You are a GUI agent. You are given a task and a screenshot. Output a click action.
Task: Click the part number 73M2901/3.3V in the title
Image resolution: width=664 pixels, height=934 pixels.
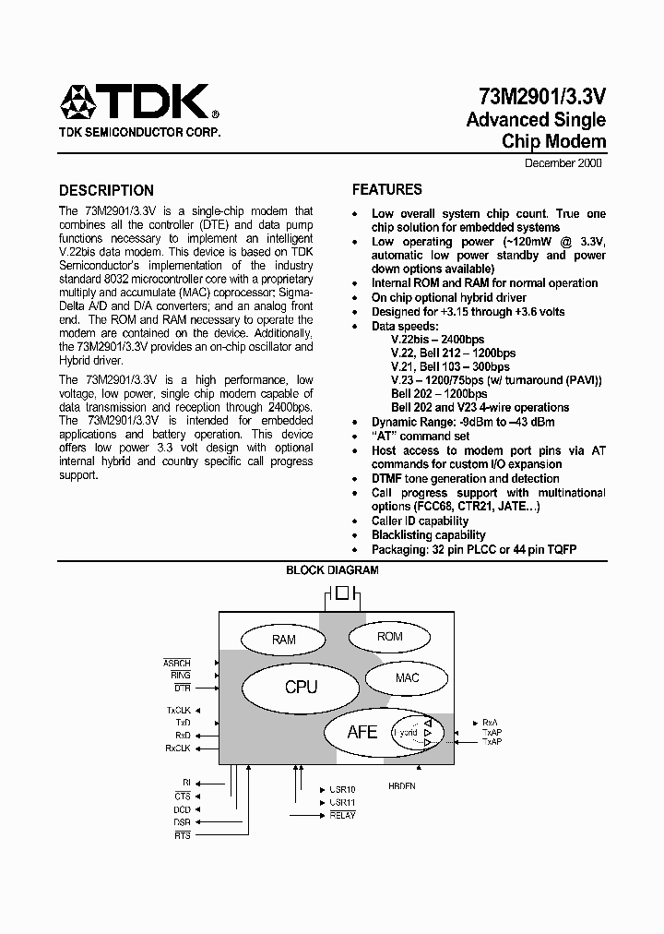coord(541,97)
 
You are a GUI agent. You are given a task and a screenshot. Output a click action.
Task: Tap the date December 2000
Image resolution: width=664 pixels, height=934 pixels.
coord(563,163)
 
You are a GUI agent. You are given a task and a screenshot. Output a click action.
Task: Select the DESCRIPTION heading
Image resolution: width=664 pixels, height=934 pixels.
coord(106,191)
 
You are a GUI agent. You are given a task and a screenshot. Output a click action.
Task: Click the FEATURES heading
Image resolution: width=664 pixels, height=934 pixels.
coord(387,190)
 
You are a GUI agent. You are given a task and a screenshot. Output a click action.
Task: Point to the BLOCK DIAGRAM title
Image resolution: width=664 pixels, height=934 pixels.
coord(332,570)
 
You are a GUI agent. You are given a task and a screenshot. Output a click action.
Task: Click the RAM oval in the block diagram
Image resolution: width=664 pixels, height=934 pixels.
coord(284,640)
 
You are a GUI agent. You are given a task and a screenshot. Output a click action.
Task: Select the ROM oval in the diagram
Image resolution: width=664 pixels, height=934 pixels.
coord(390,637)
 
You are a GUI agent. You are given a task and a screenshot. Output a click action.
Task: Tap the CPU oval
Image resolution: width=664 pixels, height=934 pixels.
coord(301,687)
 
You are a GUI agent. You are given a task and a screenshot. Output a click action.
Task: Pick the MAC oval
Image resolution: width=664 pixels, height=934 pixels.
coord(407,678)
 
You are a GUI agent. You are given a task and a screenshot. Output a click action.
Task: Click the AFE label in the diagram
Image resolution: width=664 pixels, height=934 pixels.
coord(362,732)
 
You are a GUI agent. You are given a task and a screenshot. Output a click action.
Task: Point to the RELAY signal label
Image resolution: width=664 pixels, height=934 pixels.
coord(341,816)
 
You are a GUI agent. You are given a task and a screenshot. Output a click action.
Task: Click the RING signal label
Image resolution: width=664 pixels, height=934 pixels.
coord(181,676)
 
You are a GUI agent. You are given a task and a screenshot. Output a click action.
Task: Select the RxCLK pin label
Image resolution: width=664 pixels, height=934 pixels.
coord(178,748)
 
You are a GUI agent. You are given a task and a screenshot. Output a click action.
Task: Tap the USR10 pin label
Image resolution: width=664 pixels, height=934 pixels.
coord(342,790)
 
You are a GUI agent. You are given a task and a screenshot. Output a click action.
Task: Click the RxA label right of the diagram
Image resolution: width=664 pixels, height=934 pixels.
coord(491,723)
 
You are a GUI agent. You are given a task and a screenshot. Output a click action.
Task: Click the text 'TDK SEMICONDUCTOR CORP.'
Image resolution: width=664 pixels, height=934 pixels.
coord(140,133)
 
